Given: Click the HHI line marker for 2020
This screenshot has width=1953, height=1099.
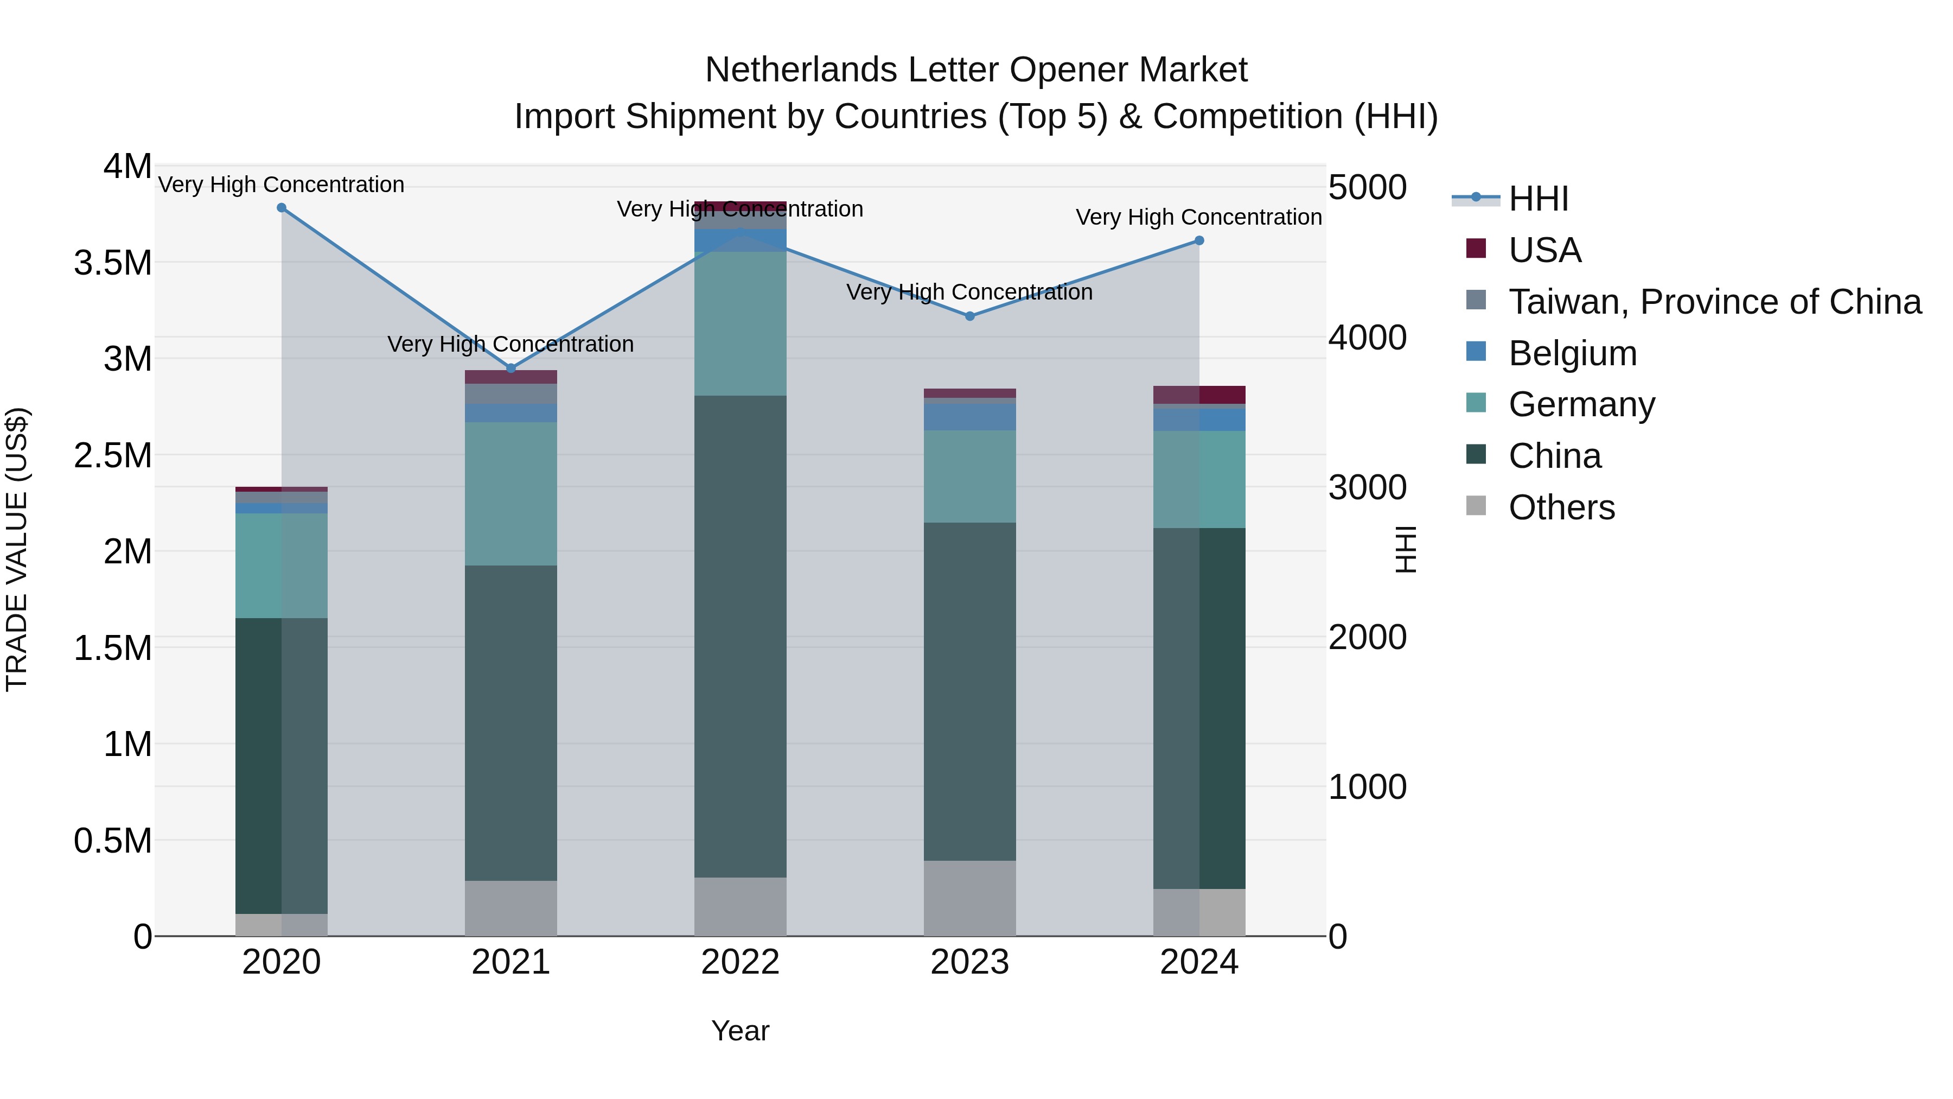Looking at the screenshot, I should pos(281,208).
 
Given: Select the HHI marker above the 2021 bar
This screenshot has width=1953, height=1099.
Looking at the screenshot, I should pos(511,369).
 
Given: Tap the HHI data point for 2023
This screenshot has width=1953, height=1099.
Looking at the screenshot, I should pos(969,316).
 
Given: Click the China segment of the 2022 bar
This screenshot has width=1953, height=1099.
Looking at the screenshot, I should pos(740,637).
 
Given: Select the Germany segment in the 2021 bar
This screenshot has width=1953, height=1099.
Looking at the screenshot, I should pos(511,494).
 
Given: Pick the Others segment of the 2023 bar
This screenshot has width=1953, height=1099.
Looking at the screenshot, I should pos(969,899).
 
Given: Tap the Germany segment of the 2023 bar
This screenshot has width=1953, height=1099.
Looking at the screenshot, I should pos(969,477).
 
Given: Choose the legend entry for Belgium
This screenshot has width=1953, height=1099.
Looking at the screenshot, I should pos(1572,353).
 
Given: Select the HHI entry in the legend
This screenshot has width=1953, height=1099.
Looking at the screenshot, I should pos(1537,199).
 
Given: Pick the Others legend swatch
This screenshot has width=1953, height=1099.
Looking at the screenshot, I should pos(1476,506).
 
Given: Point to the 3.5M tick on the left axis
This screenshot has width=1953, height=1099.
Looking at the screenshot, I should pos(113,263).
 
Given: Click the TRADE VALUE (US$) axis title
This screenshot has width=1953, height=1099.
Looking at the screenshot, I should pos(17,550).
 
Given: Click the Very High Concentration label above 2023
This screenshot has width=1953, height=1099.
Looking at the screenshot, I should pos(969,292).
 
